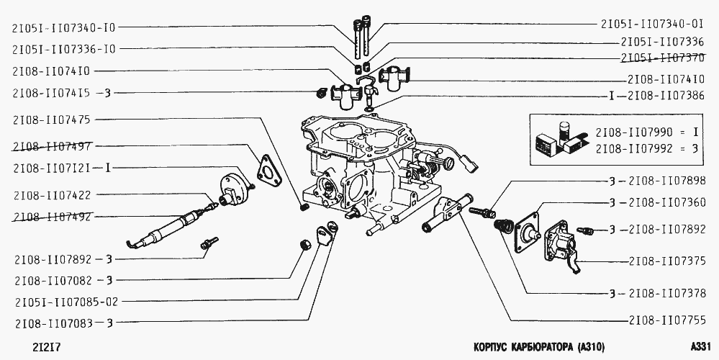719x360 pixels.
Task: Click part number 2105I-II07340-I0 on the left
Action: click(x=63, y=28)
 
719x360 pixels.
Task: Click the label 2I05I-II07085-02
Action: click(x=65, y=301)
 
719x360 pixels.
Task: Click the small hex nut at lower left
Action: click(x=305, y=246)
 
